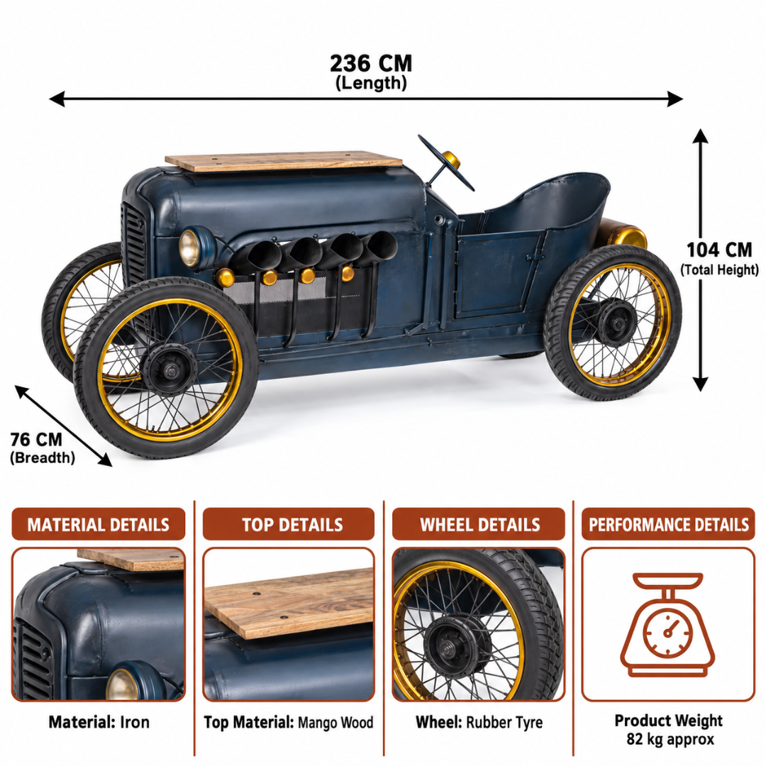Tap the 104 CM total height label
pos(719,258)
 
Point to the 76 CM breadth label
pos(42,447)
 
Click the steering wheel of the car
pos(445,162)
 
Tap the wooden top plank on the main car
pos(283,161)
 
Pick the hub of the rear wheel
pos(616,323)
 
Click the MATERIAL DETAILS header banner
pos(98,524)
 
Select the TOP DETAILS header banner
pos(288,524)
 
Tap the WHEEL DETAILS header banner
pos(479,524)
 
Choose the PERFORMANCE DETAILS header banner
pos(668,524)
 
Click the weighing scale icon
pos(668,624)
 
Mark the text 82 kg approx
pos(670,739)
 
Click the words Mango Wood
pos(335,723)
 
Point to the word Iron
pos(135,722)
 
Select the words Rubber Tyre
pos(504,723)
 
